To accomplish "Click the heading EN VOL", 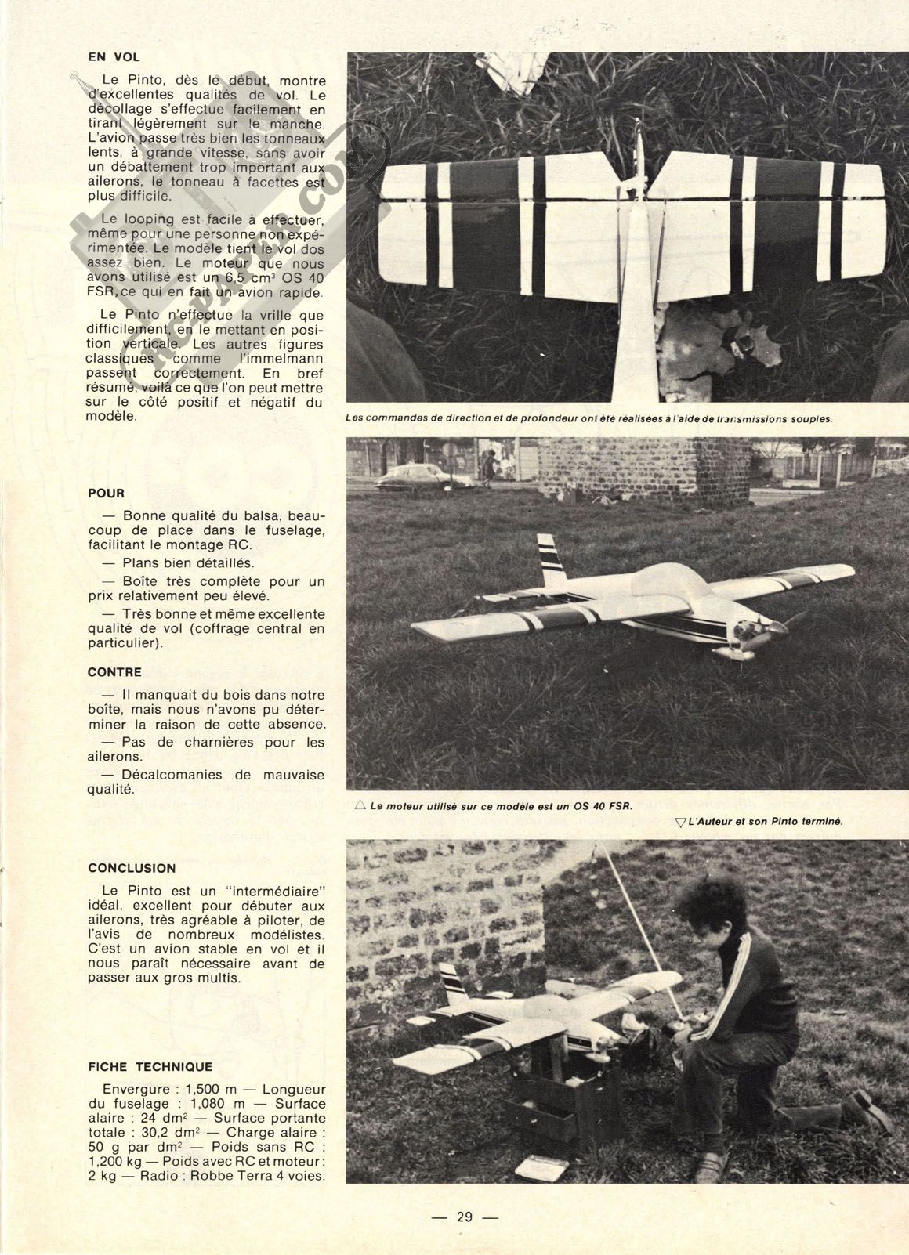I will [x=114, y=56].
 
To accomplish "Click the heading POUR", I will [x=106, y=494].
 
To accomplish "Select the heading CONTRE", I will [x=114, y=672].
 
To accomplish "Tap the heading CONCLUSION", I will [x=132, y=868].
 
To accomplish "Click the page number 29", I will [x=465, y=1217].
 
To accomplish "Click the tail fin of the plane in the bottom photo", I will [x=454, y=983].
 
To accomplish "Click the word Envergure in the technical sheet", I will [x=134, y=1090].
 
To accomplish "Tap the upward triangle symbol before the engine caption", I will [x=360, y=805].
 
